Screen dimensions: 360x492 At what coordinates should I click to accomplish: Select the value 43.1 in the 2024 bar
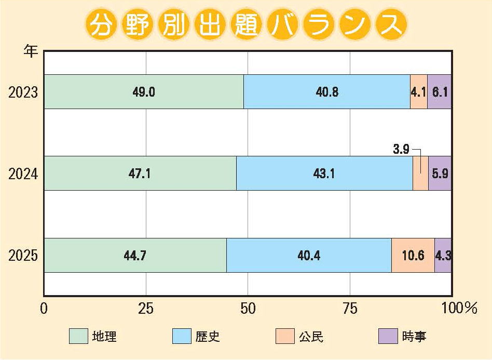coord(324,174)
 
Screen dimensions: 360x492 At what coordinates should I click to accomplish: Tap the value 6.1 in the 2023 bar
coord(440,92)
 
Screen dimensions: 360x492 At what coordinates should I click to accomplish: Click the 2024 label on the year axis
coord(23,174)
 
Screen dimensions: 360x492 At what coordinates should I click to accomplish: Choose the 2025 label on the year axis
coord(23,255)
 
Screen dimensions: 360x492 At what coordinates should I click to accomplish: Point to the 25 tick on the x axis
coord(146,308)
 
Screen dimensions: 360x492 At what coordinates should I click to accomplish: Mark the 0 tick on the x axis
coord(44,308)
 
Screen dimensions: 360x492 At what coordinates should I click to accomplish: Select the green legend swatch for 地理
coord(78,336)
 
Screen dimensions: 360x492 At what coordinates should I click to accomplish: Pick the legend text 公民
coord(311,336)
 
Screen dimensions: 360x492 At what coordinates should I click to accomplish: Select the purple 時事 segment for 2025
coord(443,255)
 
